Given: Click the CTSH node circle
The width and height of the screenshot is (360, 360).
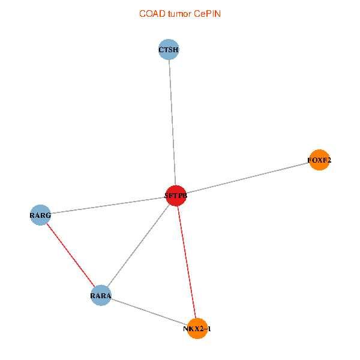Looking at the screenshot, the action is [169, 50].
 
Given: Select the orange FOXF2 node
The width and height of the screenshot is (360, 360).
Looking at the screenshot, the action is [319, 160].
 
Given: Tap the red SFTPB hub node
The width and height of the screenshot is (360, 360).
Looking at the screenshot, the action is [176, 196].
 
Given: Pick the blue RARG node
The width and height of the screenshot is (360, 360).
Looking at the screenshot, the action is [40, 214].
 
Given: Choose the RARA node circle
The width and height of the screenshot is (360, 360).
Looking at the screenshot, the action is [101, 295].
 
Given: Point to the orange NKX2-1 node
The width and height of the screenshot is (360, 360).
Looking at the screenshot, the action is [197, 328].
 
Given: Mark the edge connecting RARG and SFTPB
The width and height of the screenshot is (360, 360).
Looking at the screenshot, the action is [108, 205].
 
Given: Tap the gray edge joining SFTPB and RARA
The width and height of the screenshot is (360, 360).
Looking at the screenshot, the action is [139, 245].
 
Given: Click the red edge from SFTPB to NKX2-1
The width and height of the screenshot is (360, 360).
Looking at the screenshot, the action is [187, 262].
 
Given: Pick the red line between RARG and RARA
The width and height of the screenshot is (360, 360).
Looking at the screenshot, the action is [71, 255].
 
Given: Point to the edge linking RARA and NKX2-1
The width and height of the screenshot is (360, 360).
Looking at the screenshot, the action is [149, 312].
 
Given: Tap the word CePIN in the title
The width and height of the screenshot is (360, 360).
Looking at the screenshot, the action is [207, 13].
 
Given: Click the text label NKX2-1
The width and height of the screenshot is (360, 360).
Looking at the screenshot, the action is [197, 329].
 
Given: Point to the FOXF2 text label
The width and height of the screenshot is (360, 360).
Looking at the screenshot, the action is [319, 160].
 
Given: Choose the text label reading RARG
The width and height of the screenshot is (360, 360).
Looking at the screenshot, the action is [40, 214].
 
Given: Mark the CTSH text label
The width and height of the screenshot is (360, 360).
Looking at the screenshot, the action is [169, 50].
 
